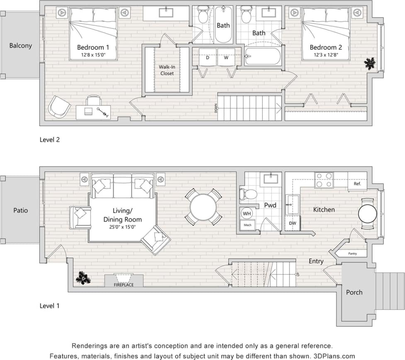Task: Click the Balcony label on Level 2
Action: [20, 46]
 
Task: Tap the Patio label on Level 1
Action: [20, 210]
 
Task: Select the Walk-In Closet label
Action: [167, 70]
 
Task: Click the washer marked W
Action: [226, 58]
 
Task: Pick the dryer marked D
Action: [207, 58]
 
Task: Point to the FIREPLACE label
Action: [124, 285]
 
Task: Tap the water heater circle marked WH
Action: [247, 214]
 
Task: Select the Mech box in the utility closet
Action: [247, 225]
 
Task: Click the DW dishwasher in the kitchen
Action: [293, 223]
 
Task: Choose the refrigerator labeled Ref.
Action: [357, 183]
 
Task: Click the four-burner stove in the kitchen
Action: [324, 180]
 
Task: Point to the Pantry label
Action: [352, 253]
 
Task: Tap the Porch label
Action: [354, 292]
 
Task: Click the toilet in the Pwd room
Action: [248, 194]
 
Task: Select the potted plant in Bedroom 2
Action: [369, 63]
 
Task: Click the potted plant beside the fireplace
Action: [84, 278]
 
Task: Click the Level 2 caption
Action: [50, 140]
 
